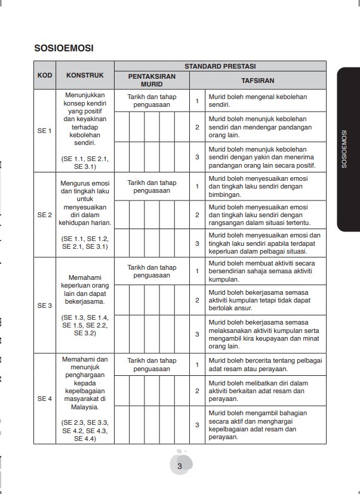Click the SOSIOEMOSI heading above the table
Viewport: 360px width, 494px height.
tap(66, 47)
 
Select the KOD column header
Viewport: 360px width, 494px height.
tap(44, 75)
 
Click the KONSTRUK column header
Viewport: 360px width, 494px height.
tap(84, 75)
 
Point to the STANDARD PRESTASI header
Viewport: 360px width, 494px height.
tap(220, 66)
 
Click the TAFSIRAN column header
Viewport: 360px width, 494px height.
tap(257, 79)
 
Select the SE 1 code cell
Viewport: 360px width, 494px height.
tap(44, 131)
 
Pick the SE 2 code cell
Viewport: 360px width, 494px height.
tap(44, 214)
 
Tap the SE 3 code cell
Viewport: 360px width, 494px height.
tap(44, 305)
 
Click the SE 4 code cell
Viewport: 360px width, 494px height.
tap(44, 398)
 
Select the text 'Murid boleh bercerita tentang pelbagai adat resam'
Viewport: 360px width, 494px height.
tap(264, 364)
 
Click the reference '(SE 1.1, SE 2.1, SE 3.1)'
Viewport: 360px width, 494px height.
tap(84, 163)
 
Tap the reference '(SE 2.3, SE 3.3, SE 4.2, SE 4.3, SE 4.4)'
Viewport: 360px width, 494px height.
tap(84, 430)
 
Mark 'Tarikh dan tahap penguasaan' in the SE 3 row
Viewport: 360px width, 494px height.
tap(152, 271)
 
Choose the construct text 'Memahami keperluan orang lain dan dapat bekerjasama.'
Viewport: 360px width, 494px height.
tap(84, 286)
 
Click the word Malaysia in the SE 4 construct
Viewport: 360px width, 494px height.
tap(84, 407)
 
